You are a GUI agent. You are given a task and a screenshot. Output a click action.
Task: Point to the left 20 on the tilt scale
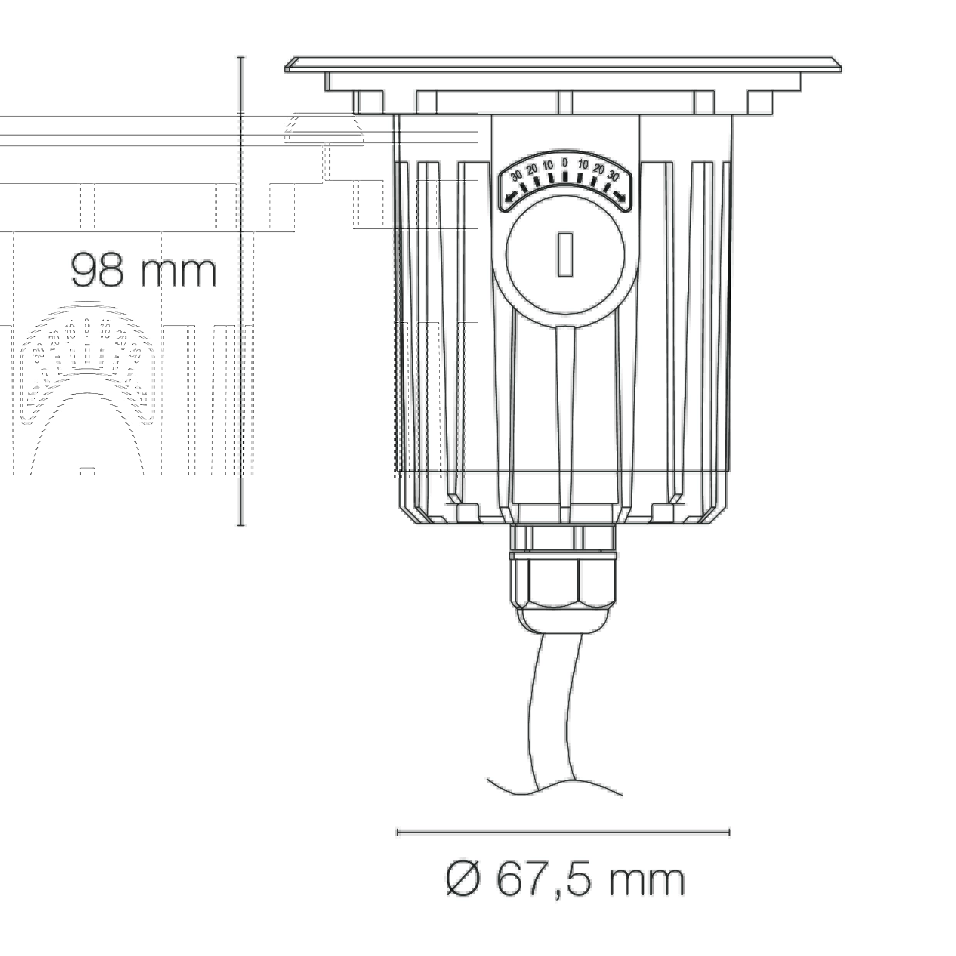coord(532,169)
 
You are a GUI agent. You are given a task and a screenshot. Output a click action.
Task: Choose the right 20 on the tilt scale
coord(599,169)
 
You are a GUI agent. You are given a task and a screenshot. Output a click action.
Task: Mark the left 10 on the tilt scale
coord(548,165)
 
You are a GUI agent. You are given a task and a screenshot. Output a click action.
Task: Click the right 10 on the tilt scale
coord(583,165)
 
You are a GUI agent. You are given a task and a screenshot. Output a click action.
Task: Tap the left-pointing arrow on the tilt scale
coord(511,197)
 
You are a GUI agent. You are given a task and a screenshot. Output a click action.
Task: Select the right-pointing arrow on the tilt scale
coord(619,197)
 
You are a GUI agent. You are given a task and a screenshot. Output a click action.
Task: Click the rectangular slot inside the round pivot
coord(565,255)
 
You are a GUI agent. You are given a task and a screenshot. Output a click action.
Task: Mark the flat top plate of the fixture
coord(563,66)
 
